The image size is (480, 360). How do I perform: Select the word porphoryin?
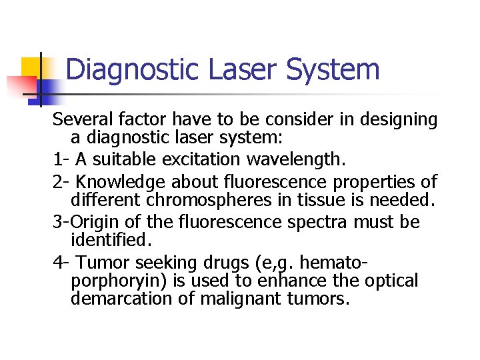click(x=117, y=281)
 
